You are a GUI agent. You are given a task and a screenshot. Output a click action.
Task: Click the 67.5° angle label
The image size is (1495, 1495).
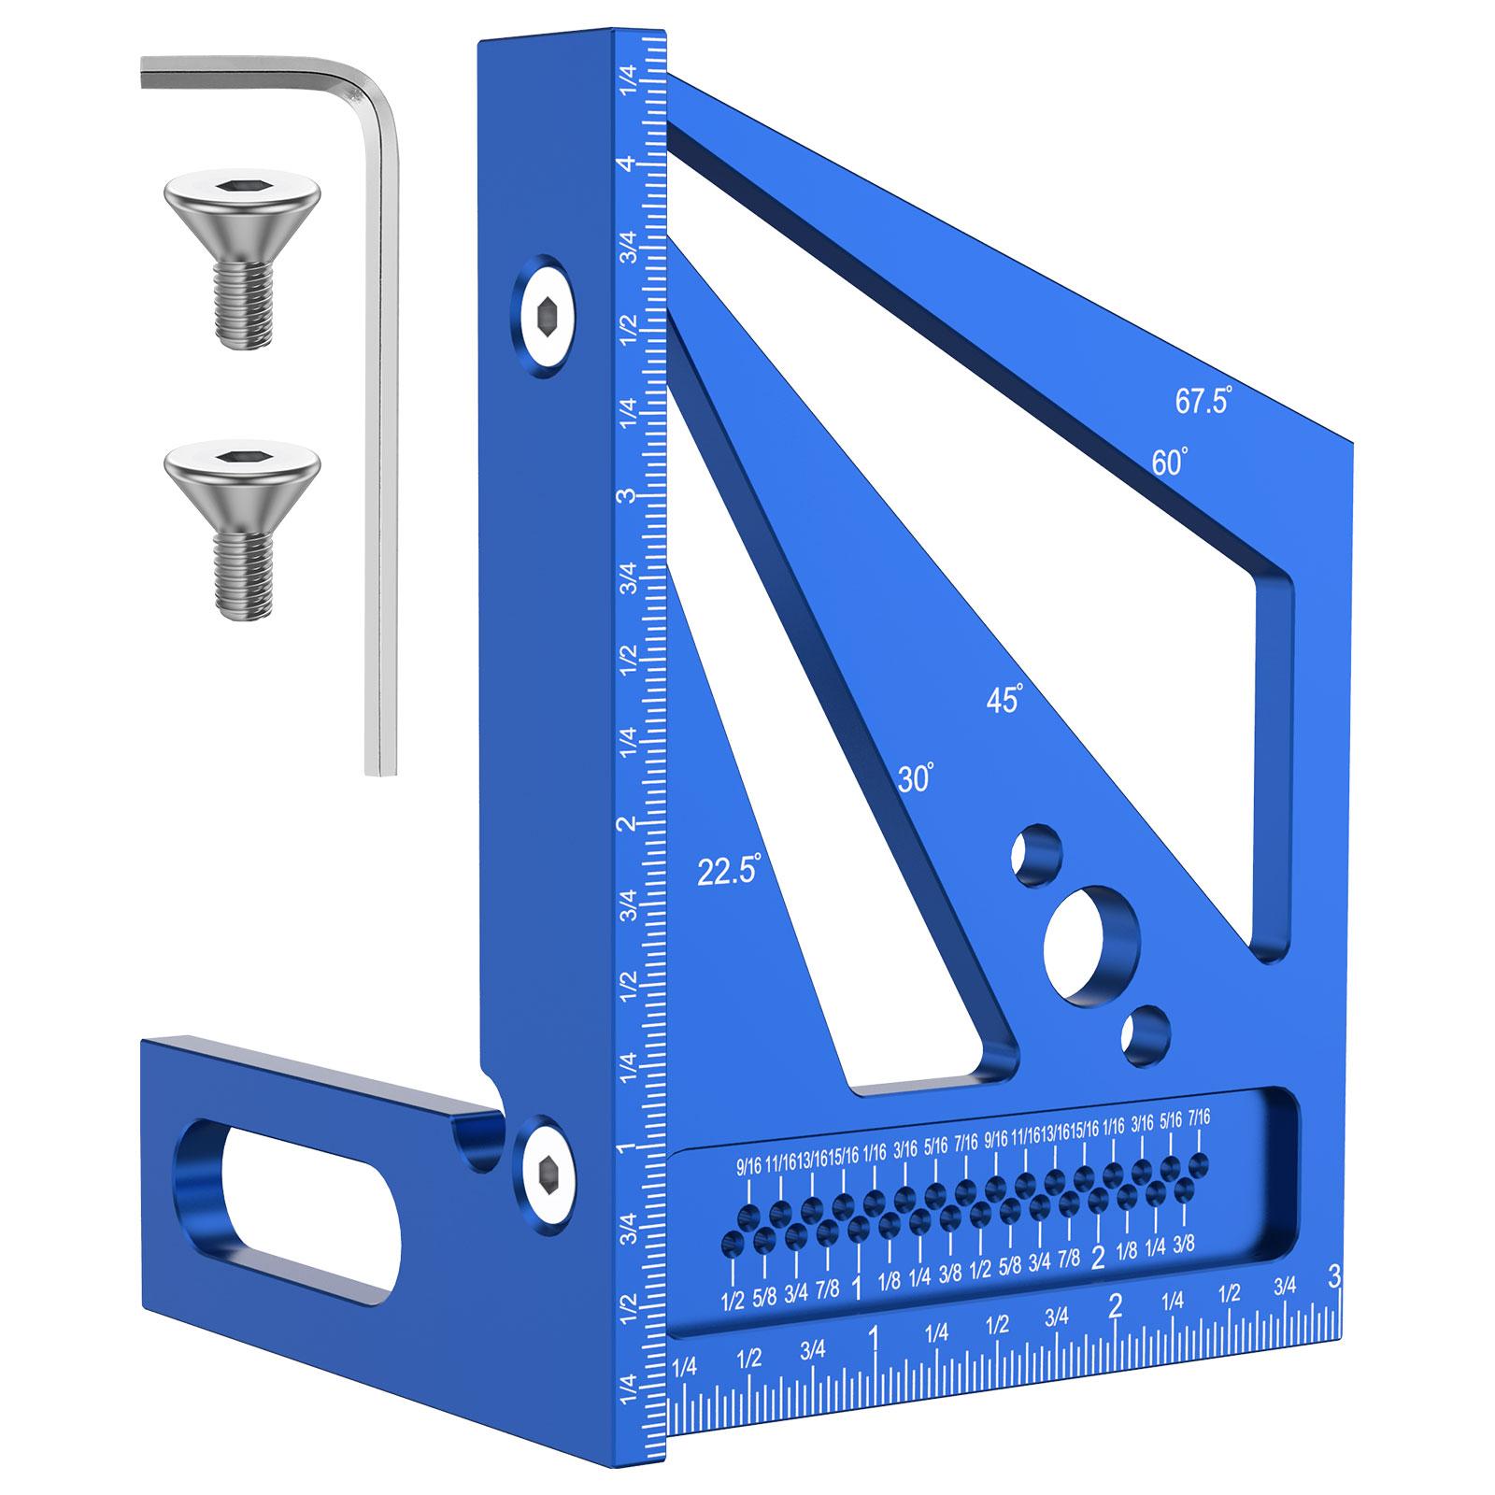[1203, 402]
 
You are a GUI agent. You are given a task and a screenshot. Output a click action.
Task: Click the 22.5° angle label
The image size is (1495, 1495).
[730, 870]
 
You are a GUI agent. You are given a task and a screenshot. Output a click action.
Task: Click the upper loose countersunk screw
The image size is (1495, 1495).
[241, 243]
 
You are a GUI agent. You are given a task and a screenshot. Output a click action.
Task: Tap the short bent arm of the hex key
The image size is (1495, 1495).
[252, 74]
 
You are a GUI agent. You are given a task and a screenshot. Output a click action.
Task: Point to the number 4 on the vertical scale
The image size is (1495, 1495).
[632, 164]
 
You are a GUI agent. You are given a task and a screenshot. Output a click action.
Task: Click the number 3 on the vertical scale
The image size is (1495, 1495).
[632, 494]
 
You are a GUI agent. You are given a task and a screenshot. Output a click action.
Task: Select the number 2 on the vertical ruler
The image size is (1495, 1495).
[632, 824]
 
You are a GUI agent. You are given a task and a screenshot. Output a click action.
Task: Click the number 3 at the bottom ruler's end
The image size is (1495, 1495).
[1334, 1274]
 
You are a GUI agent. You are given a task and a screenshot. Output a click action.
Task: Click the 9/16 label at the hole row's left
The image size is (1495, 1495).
[749, 1166]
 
